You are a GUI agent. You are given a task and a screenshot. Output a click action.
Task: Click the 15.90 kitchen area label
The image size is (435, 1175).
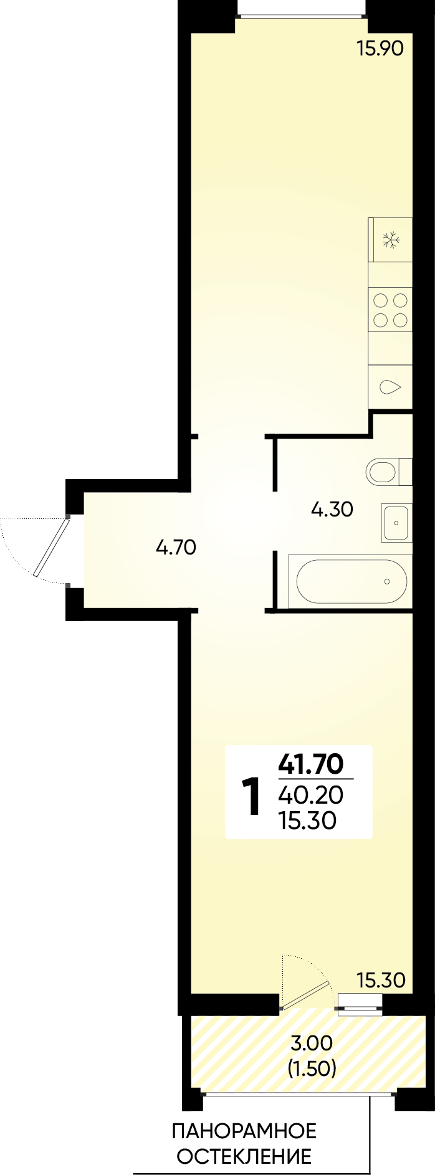pos(380,48)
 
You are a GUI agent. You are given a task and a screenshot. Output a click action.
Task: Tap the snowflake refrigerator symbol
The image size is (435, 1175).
pos(391,240)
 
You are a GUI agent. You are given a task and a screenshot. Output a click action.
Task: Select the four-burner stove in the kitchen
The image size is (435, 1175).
pos(390,310)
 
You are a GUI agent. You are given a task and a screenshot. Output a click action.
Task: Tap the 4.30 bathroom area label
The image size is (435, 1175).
pos(332,510)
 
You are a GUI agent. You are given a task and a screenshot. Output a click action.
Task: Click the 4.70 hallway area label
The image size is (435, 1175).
pos(176,548)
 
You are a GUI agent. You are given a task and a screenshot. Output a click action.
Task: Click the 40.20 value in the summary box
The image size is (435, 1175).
pos(311,795)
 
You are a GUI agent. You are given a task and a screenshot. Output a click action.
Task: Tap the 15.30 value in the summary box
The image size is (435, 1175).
pos(309,821)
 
